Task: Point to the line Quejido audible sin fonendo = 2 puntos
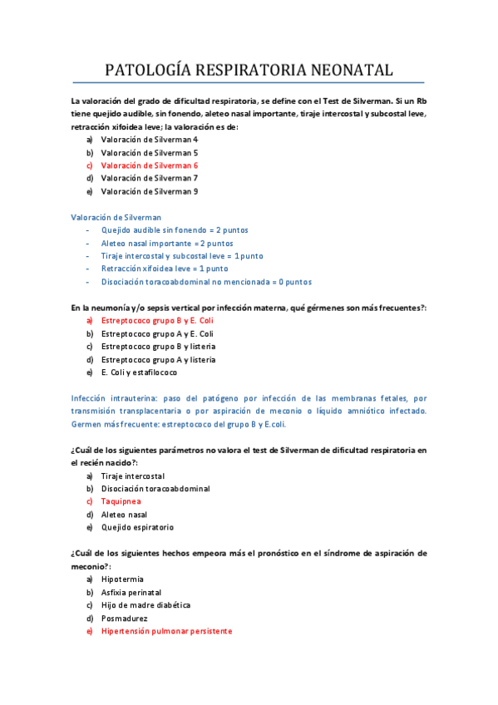(x=175, y=230)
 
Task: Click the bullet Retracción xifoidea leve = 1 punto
(x=165, y=269)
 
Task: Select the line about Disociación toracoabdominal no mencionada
(x=206, y=282)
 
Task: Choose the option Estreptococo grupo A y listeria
(x=158, y=359)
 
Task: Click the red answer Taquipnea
(x=121, y=501)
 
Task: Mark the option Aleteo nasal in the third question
(x=124, y=515)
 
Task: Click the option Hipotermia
(x=122, y=579)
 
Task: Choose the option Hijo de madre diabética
(x=145, y=605)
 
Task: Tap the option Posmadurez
(x=124, y=618)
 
